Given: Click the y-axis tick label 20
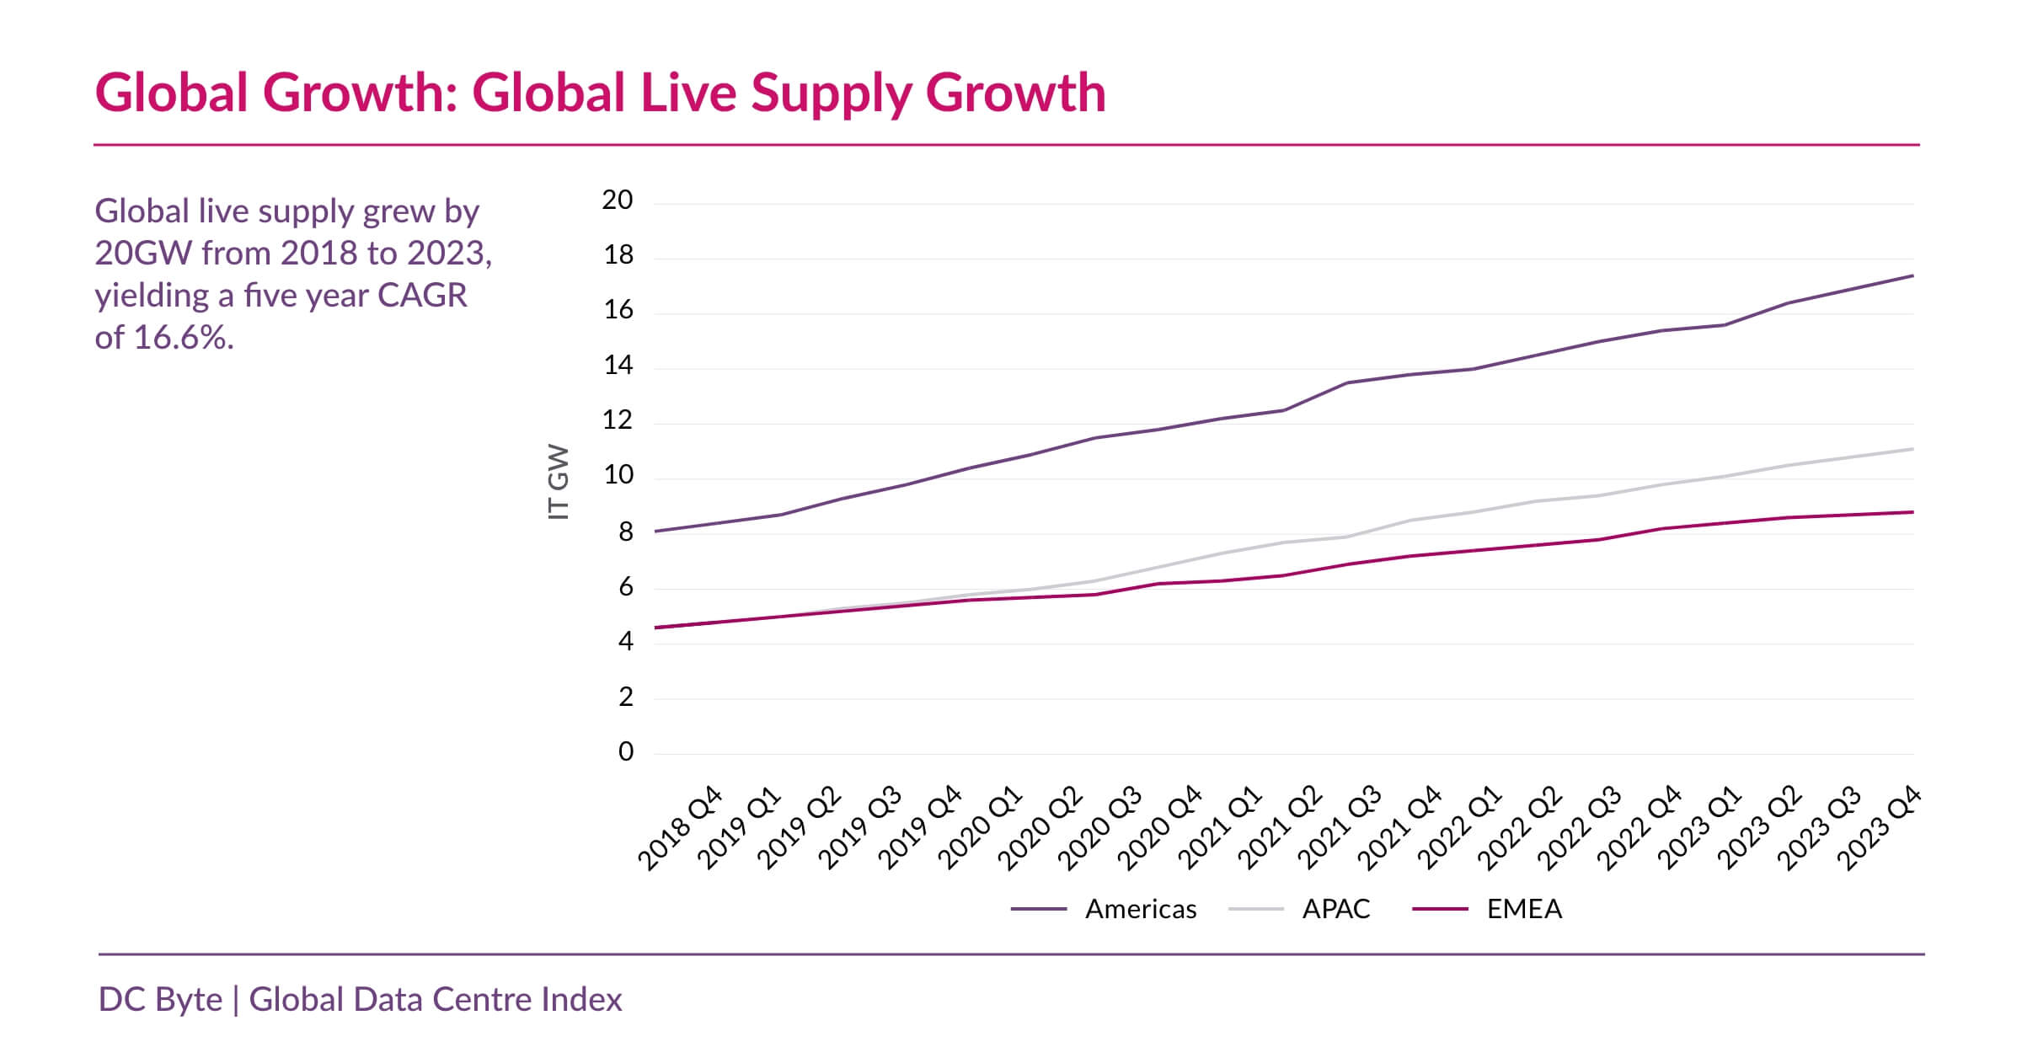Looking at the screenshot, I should [x=617, y=200].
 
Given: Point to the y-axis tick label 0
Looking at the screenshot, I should [x=625, y=751].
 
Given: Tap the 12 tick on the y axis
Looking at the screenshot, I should [x=617, y=420].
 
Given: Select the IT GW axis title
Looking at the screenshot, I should [x=559, y=482].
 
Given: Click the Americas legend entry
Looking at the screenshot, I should [x=1140, y=909].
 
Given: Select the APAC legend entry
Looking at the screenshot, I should [x=1335, y=909].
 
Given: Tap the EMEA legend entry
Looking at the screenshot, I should [x=1523, y=909].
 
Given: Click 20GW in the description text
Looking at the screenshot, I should [x=143, y=254].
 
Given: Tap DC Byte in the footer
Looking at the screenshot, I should [x=160, y=1000].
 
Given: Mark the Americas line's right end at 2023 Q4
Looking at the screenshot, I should [x=1912, y=275].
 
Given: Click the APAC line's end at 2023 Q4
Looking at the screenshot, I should [x=1912, y=449].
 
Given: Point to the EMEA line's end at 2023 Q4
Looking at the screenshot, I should [x=1912, y=512].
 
